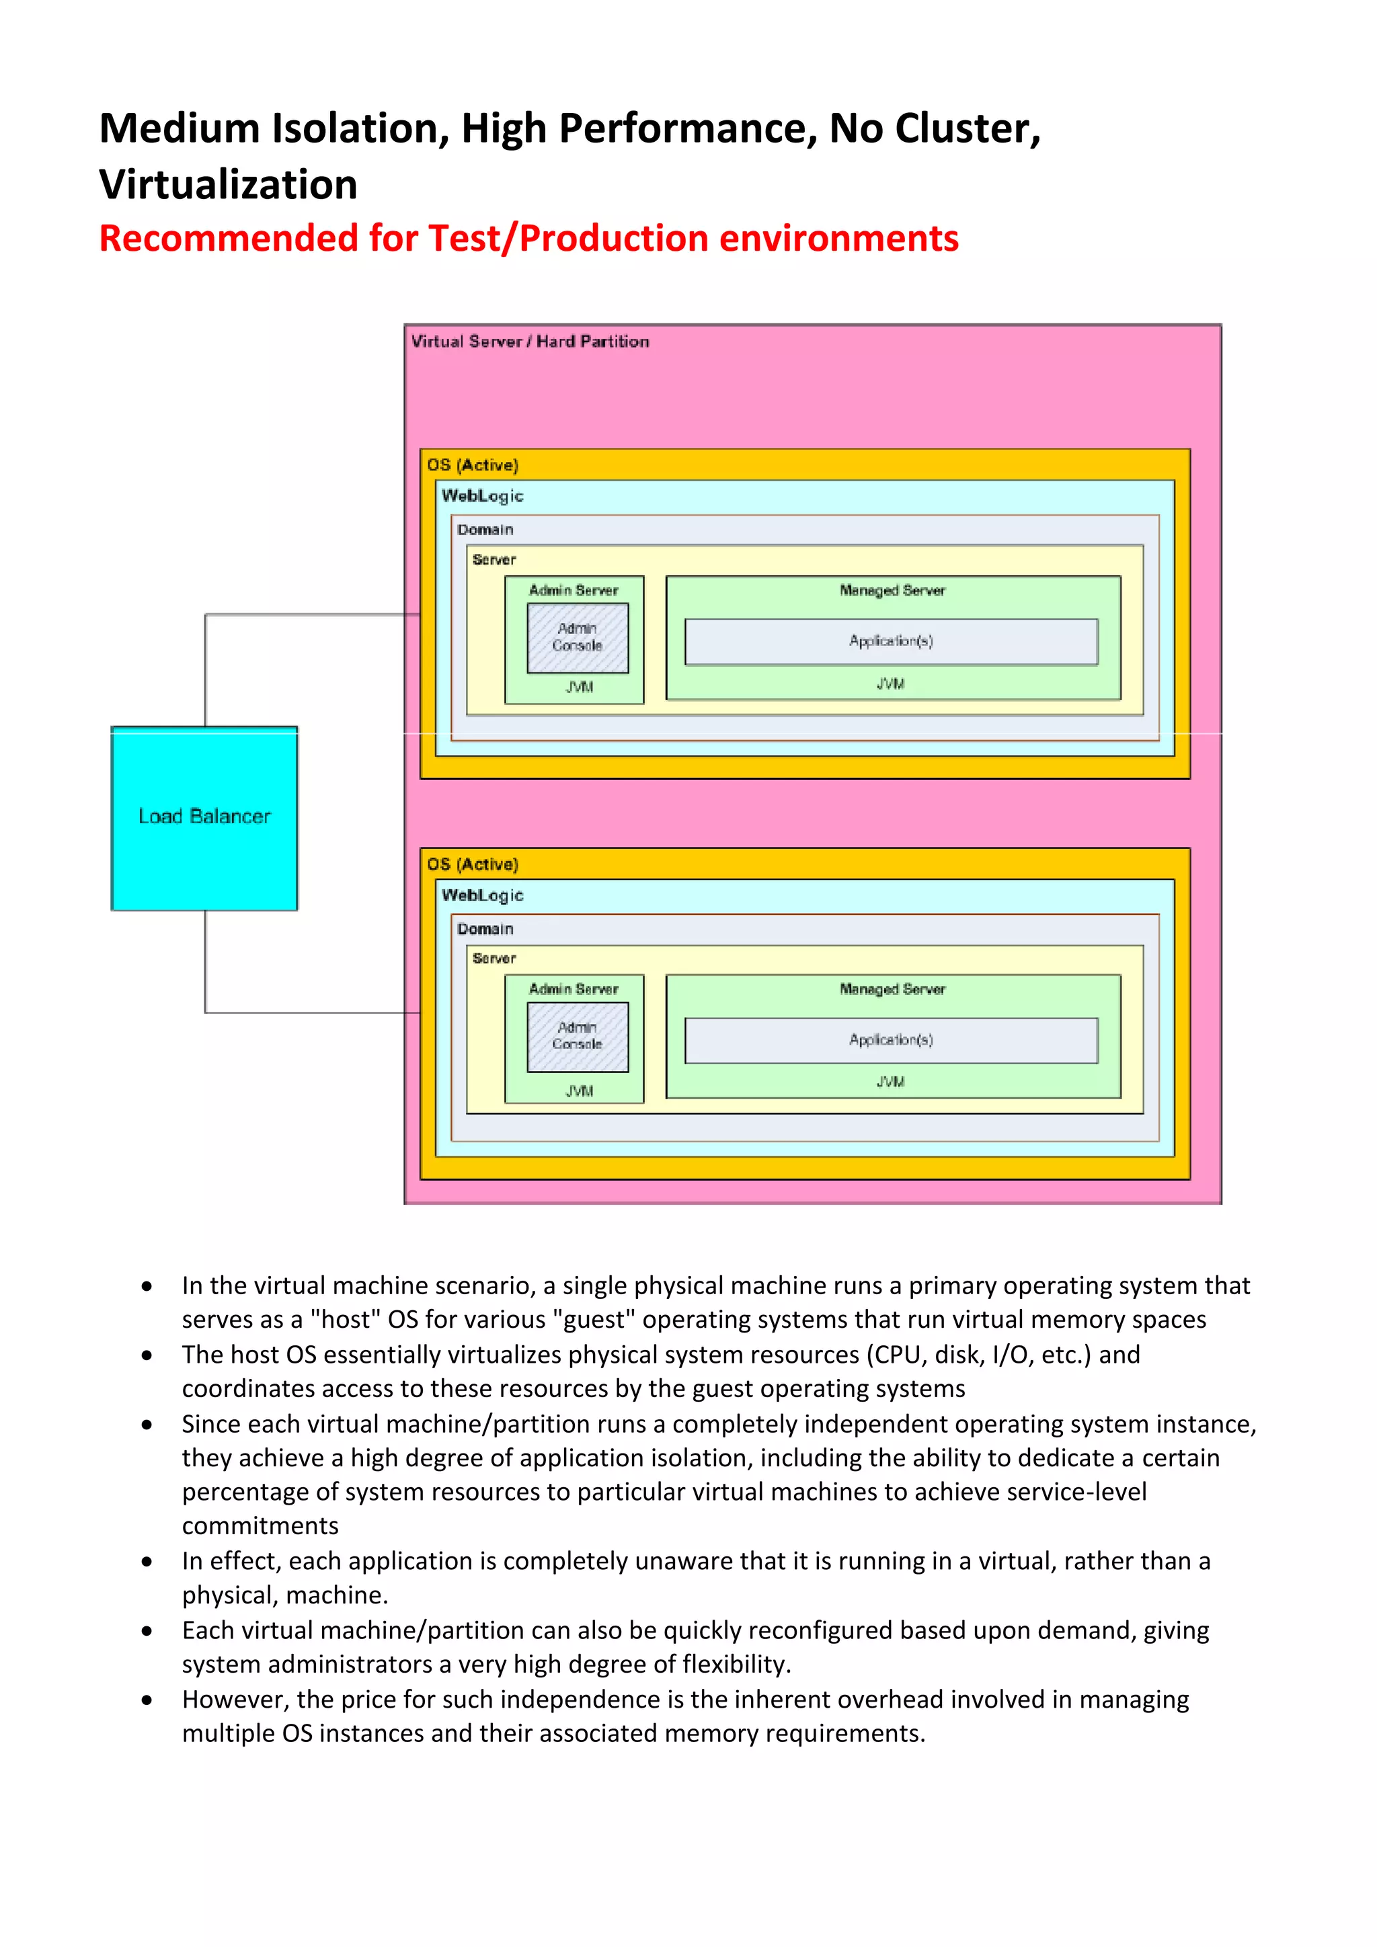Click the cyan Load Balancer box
click(x=204, y=818)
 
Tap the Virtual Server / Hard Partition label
click(x=530, y=342)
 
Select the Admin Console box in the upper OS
click(x=578, y=638)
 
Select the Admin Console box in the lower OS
click(x=578, y=1036)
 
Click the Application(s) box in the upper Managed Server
click(x=890, y=641)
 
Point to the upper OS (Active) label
click(x=472, y=465)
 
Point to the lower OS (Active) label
click(x=472, y=864)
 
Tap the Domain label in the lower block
click(x=485, y=928)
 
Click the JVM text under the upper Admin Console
click(x=579, y=687)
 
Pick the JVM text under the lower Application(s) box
click(x=890, y=1082)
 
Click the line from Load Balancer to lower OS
click(x=206, y=967)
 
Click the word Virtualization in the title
click(x=228, y=185)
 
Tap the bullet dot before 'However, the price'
click(x=147, y=1700)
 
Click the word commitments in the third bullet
click(x=260, y=1525)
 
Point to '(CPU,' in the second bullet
click(x=896, y=1354)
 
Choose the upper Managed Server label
click(x=892, y=590)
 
